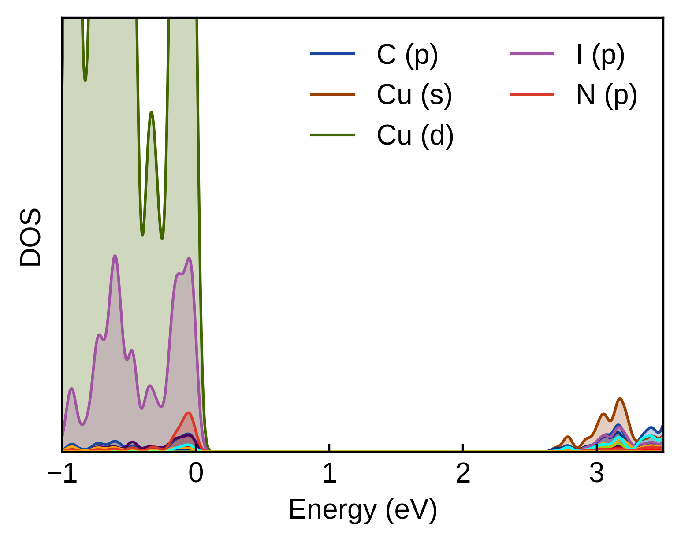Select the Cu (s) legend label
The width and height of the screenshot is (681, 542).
click(x=414, y=95)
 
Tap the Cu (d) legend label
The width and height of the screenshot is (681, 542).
click(x=415, y=135)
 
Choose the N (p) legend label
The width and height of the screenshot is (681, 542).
click(x=607, y=95)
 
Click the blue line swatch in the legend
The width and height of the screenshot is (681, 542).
click(x=333, y=54)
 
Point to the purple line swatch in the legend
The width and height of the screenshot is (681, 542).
click(x=532, y=54)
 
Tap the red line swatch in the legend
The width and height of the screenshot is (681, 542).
click(x=532, y=94)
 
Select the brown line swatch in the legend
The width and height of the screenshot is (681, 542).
click(x=333, y=94)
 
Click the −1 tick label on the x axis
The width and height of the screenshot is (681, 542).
click(x=62, y=474)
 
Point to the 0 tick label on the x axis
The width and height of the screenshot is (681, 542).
click(x=195, y=474)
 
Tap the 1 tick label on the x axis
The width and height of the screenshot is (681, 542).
click(x=329, y=474)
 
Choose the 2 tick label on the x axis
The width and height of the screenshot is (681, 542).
click(x=463, y=474)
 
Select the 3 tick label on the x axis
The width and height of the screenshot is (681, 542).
click(x=596, y=474)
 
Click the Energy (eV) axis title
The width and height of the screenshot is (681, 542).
click(x=363, y=510)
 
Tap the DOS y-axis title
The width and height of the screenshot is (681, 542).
click(x=31, y=238)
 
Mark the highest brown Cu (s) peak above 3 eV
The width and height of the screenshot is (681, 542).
click(x=620, y=399)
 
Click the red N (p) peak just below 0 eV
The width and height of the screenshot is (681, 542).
click(x=189, y=413)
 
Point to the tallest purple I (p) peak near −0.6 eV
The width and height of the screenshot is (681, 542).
click(x=115, y=256)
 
